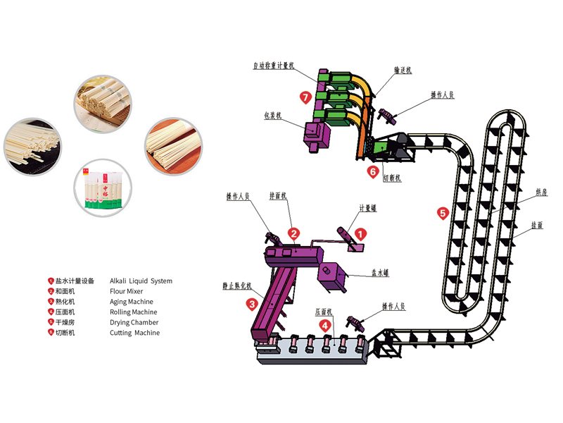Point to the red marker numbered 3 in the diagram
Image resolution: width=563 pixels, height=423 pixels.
251,305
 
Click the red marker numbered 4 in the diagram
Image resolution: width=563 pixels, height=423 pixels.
324,325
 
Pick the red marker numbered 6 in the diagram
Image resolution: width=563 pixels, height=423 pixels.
372,170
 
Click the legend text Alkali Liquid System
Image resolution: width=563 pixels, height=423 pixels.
141,281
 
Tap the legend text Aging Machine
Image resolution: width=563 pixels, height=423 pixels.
132,302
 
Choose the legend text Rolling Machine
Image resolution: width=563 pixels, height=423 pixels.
134,312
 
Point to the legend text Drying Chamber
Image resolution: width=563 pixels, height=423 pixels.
134,322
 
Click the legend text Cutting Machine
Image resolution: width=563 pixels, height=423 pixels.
135,333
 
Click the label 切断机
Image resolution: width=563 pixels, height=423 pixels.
392,178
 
